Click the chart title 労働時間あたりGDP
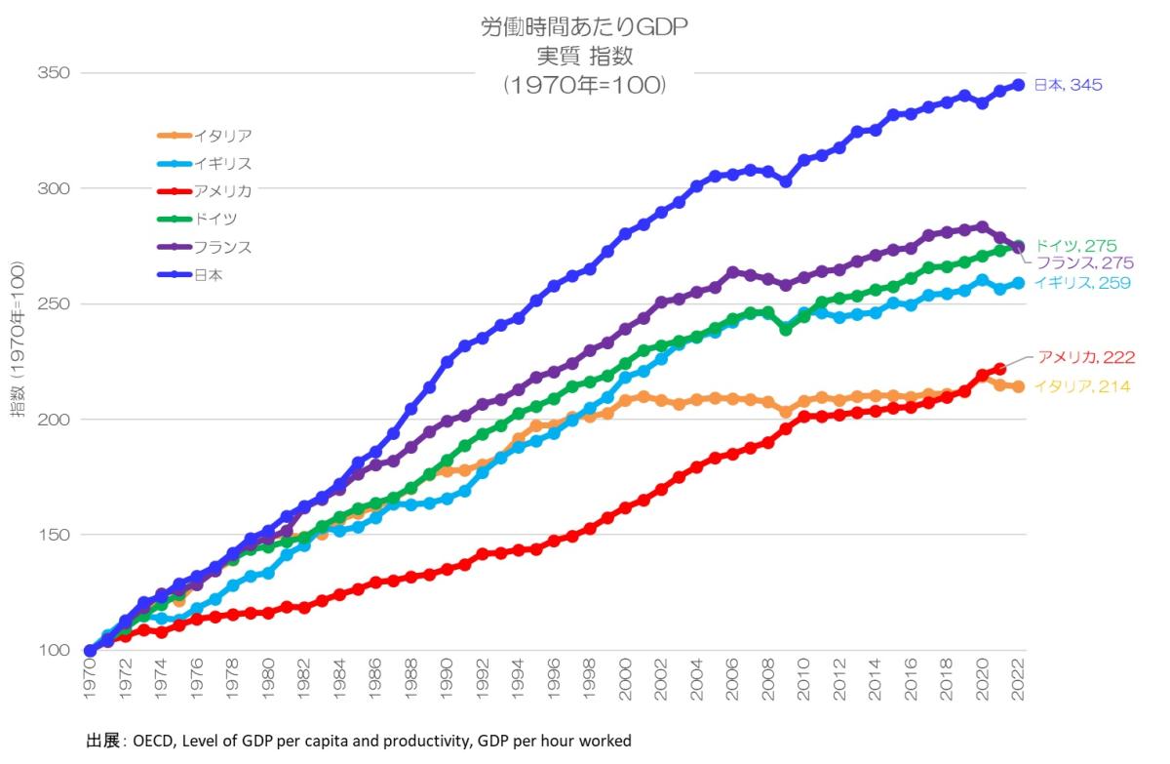tap(584, 26)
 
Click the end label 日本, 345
tap(1068, 86)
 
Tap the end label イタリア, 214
tap(1081, 387)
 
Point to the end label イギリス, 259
tap(1081, 283)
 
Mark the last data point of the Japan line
tap(1018, 85)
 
